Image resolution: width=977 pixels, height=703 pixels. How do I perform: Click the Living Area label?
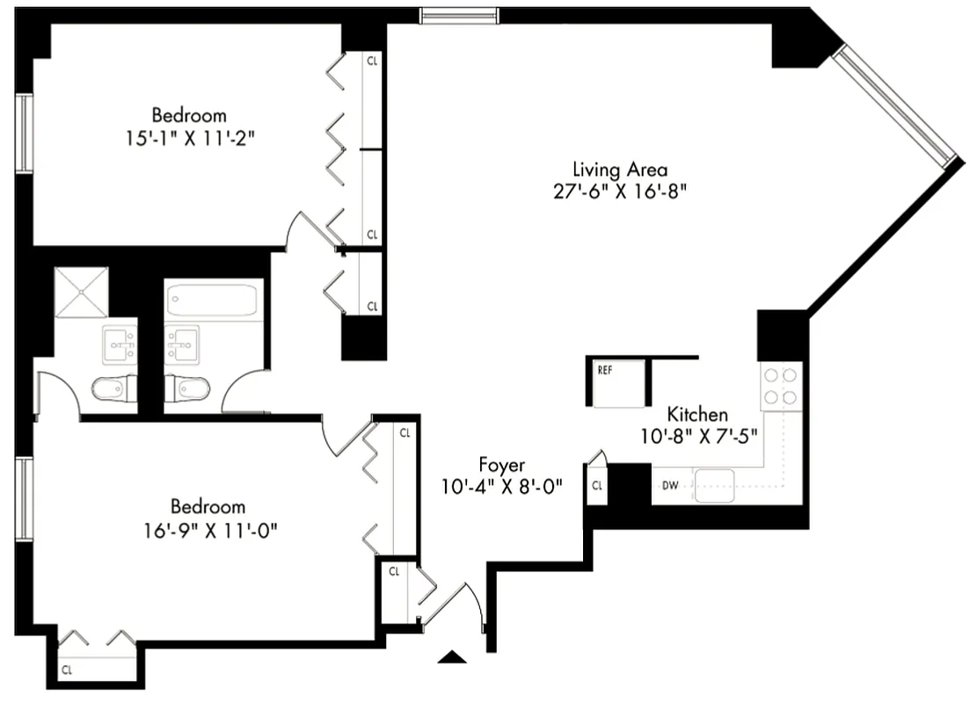point(620,169)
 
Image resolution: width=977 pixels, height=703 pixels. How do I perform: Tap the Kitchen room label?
point(697,414)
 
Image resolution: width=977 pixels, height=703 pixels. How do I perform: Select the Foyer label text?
point(502,464)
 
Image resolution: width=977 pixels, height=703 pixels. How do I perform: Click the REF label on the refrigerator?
point(605,370)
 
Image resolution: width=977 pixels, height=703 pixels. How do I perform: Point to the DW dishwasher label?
point(670,484)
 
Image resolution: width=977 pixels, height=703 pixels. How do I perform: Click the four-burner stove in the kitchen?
point(781,386)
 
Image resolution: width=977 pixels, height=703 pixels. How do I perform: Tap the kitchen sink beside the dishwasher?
point(714,484)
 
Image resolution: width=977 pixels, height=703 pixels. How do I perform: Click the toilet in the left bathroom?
point(114,388)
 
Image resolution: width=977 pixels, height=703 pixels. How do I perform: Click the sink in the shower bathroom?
point(118,344)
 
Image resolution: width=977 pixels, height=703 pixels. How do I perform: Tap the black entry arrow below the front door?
point(451,656)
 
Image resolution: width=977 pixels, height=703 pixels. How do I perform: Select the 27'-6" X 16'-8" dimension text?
point(620,192)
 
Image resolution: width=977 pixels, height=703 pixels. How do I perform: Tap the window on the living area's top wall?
point(458,15)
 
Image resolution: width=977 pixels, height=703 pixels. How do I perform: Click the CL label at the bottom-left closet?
point(67,670)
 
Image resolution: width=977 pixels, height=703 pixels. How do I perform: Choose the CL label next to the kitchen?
point(597,485)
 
